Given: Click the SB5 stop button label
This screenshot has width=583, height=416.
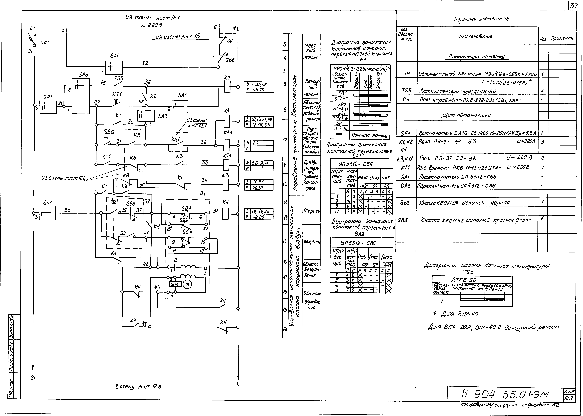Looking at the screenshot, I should (x=230, y=60).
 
